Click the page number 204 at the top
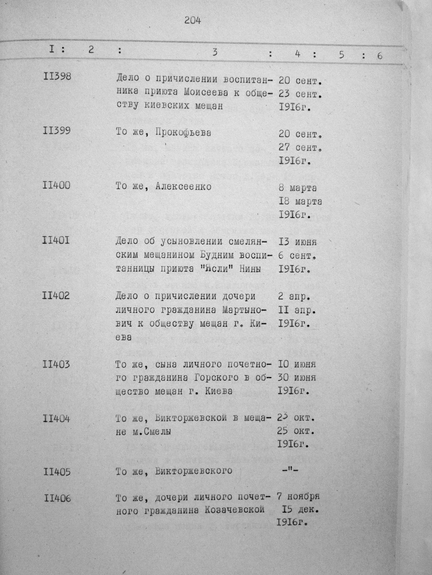[193, 20]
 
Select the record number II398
[57, 77]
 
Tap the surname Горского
[216, 378]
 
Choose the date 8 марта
[298, 188]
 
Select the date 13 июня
[298, 242]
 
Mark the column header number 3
[215, 53]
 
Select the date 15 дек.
[300, 510]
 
